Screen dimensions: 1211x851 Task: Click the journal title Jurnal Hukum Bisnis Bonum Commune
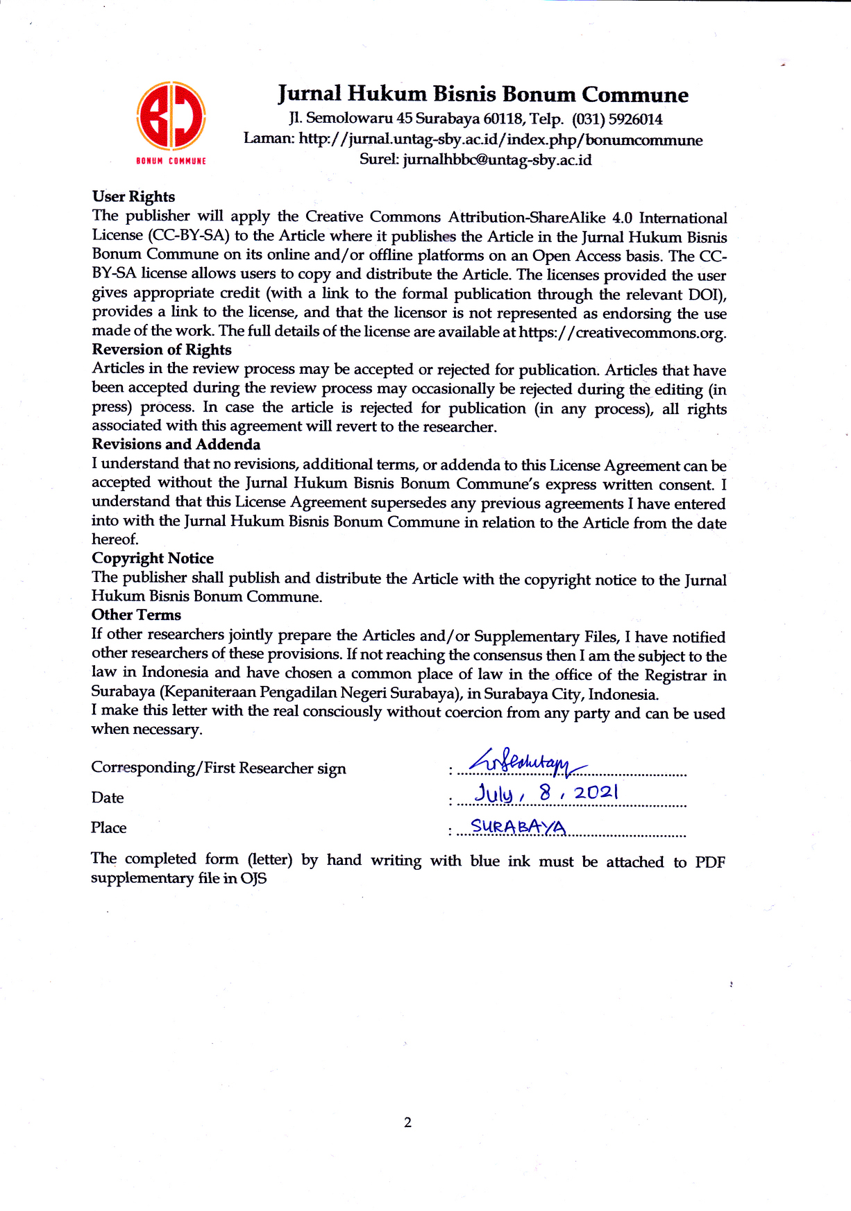click(x=483, y=94)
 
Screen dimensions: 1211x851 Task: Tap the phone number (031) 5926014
click(x=617, y=119)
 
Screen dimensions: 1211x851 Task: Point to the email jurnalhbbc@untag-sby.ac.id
click(x=497, y=160)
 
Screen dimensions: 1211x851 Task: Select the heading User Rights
click(x=133, y=197)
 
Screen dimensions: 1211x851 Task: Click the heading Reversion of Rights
click(x=162, y=350)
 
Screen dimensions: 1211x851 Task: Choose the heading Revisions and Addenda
click(x=176, y=445)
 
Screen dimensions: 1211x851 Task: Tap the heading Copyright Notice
click(x=153, y=558)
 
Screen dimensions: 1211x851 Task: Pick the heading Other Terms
click(x=136, y=615)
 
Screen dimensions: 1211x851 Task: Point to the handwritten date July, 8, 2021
click(x=546, y=793)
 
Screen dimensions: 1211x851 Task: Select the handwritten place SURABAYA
click(x=518, y=827)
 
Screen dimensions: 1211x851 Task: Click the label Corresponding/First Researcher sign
click(x=219, y=768)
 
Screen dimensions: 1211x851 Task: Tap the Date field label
click(x=108, y=798)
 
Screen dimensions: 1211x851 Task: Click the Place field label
click(x=108, y=827)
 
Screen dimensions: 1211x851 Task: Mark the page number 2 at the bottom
click(x=407, y=1122)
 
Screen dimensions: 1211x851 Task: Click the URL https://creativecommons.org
click(x=621, y=332)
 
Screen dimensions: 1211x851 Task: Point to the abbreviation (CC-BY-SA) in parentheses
click(x=189, y=236)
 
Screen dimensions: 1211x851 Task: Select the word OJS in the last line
click(x=253, y=879)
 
